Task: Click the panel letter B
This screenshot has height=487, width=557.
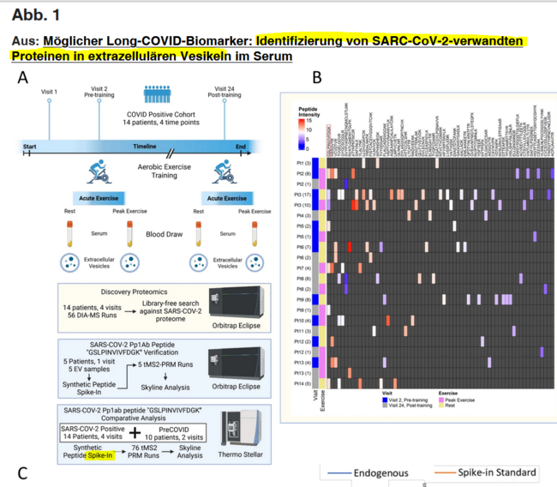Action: (x=316, y=78)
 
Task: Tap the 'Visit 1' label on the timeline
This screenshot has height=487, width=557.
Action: (x=50, y=92)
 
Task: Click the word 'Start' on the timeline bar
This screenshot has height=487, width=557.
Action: (x=31, y=147)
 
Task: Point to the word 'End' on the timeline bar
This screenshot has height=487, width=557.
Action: (x=241, y=147)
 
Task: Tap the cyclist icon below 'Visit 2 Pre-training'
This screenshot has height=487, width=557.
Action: (x=102, y=167)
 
